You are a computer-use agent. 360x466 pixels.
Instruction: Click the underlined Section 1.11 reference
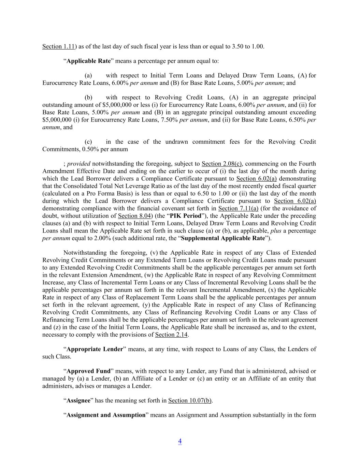pos(58,46)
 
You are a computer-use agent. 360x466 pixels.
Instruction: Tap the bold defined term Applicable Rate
pos(89,61)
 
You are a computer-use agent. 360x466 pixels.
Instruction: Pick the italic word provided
pos(78,164)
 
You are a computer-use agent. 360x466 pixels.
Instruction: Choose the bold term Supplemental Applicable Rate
pos(223,238)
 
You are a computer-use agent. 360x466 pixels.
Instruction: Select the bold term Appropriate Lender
pos(95,349)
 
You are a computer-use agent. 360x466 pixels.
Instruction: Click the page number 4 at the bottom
pos(180,441)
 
